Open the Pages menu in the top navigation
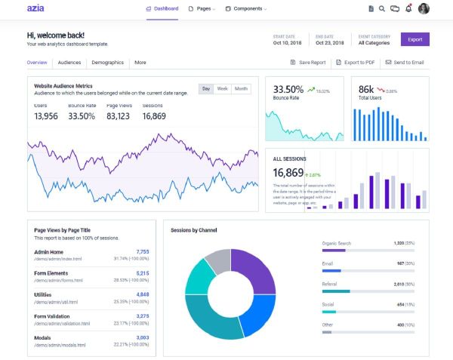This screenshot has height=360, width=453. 201,9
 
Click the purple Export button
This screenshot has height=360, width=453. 414,39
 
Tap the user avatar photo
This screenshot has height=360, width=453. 424,9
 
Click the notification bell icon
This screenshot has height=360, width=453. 408,9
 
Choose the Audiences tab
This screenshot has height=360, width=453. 69,63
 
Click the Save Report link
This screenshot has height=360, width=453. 308,63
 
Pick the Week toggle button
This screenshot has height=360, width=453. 222,89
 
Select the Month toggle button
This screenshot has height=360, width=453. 241,89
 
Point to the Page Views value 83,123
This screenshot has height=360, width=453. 118,116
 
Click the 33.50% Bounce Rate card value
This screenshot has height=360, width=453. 288,89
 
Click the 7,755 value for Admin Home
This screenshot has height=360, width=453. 142,252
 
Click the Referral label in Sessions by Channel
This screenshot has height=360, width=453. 329,284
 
